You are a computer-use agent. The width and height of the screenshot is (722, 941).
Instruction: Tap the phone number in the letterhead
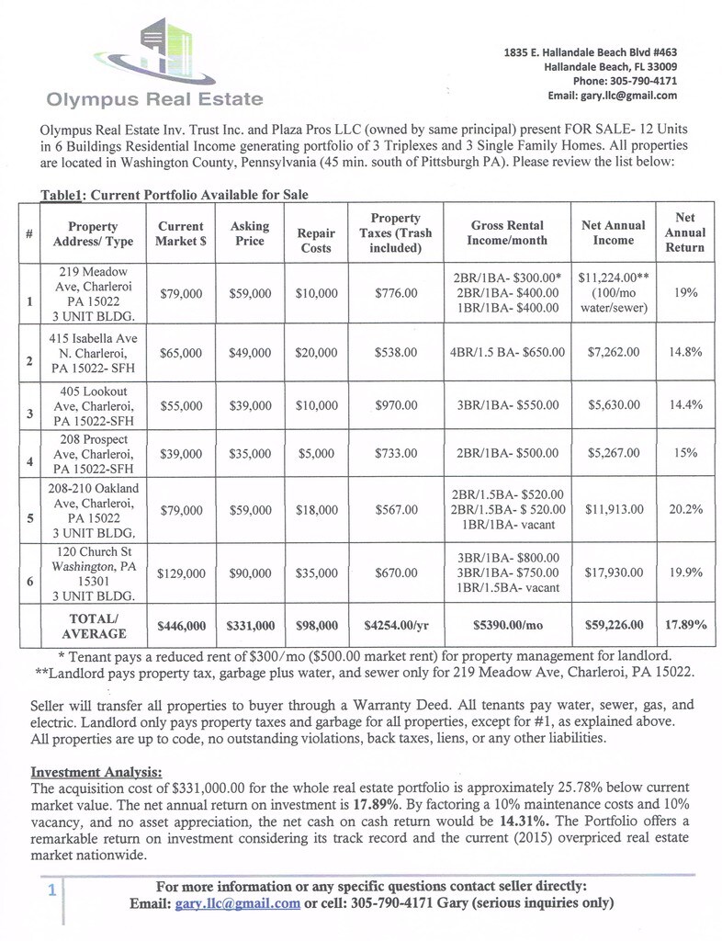[x=625, y=81]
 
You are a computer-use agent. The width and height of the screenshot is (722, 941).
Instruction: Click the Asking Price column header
[x=250, y=233]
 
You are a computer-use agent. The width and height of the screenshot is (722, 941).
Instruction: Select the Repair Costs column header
[x=316, y=241]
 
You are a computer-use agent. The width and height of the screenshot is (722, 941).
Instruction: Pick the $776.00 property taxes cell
[x=396, y=293]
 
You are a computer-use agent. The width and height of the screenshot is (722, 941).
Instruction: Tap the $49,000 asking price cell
[x=250, y=353]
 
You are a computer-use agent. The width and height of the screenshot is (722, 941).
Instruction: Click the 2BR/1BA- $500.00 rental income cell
[x=507, y=453]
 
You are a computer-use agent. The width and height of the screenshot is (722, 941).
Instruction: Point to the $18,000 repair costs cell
[x=316, y=509]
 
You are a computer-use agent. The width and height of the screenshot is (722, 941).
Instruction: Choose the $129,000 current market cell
[x=181, y=573]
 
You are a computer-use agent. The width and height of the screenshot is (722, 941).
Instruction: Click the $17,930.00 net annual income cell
[x=614, y=573]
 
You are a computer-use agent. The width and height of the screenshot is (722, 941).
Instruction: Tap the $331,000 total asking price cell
[x=250, y=626]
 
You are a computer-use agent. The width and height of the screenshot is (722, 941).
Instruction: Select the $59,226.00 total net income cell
[x=614, y=626]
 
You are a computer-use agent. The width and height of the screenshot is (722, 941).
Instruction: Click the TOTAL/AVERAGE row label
[x=93, y=626]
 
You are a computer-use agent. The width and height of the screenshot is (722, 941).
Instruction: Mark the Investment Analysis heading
[x=96, y=771]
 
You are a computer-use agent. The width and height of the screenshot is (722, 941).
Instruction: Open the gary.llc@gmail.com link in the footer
[x=237, y=903]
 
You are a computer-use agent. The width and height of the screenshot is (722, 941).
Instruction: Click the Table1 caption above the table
[x=175, y=195]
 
